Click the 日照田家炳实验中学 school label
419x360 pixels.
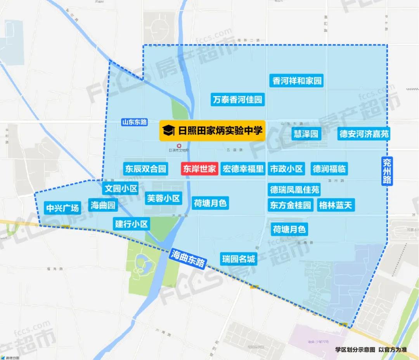[x=212, y=131]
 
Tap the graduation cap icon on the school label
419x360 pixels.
[x=169, y=131]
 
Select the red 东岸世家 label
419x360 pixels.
[x=199, y=169]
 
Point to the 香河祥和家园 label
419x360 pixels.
[x=297, y=81]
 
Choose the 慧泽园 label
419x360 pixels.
[x=306, y=134]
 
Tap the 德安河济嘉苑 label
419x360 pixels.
[x=364, y=134]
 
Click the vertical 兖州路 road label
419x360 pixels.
[x=386, y=171]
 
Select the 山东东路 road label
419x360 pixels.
[x=134, y=122]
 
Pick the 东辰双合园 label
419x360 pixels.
[x=145, y=169]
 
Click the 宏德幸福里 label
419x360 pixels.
[x=243, y=169]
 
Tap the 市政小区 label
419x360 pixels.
[x=286, y=169]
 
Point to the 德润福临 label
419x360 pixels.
[x=329, y=169]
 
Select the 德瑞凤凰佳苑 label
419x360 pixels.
[x=295, y=189]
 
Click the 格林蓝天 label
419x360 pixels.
[x=336, y=205]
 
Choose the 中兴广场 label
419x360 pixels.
[x=62, y=208]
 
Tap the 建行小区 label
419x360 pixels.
[x=132, y=224]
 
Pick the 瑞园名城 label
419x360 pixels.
[x=239, y=258]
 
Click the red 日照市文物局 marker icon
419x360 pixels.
[x=178, y=145]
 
